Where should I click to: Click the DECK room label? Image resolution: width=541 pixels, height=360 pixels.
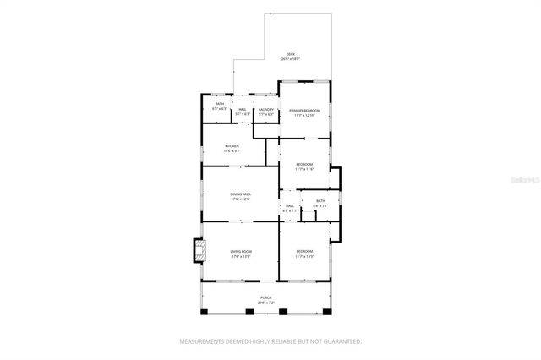(290, 55)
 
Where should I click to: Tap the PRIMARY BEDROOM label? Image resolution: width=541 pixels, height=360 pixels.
(304, 111)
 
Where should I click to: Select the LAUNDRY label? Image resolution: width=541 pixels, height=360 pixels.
(265, 109)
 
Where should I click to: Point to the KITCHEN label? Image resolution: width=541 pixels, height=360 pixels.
(232, 146)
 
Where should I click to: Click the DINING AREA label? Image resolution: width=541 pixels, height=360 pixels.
(240, 194)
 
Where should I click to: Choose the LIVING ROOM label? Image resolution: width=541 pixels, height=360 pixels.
(241, 251)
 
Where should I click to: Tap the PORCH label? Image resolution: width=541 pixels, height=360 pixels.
(265, 298)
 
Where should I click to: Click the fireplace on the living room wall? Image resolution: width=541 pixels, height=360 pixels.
(200, 250)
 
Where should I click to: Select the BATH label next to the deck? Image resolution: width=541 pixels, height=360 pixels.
(219, 104)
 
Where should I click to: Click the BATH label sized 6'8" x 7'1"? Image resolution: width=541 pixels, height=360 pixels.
(320, 200)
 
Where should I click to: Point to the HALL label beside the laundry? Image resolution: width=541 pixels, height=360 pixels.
(242, 109)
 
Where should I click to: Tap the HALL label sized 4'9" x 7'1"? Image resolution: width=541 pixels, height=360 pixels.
(290, 205)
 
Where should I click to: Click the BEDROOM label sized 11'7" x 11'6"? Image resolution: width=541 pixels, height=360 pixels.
(304, 164)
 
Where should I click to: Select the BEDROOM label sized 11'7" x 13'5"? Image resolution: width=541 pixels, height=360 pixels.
(304, 251)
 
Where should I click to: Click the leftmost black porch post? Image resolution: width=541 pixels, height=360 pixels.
(204, 313)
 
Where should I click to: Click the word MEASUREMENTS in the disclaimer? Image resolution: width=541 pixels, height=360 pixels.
(203, 341)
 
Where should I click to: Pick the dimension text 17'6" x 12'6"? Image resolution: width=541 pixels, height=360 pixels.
(240, 199)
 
